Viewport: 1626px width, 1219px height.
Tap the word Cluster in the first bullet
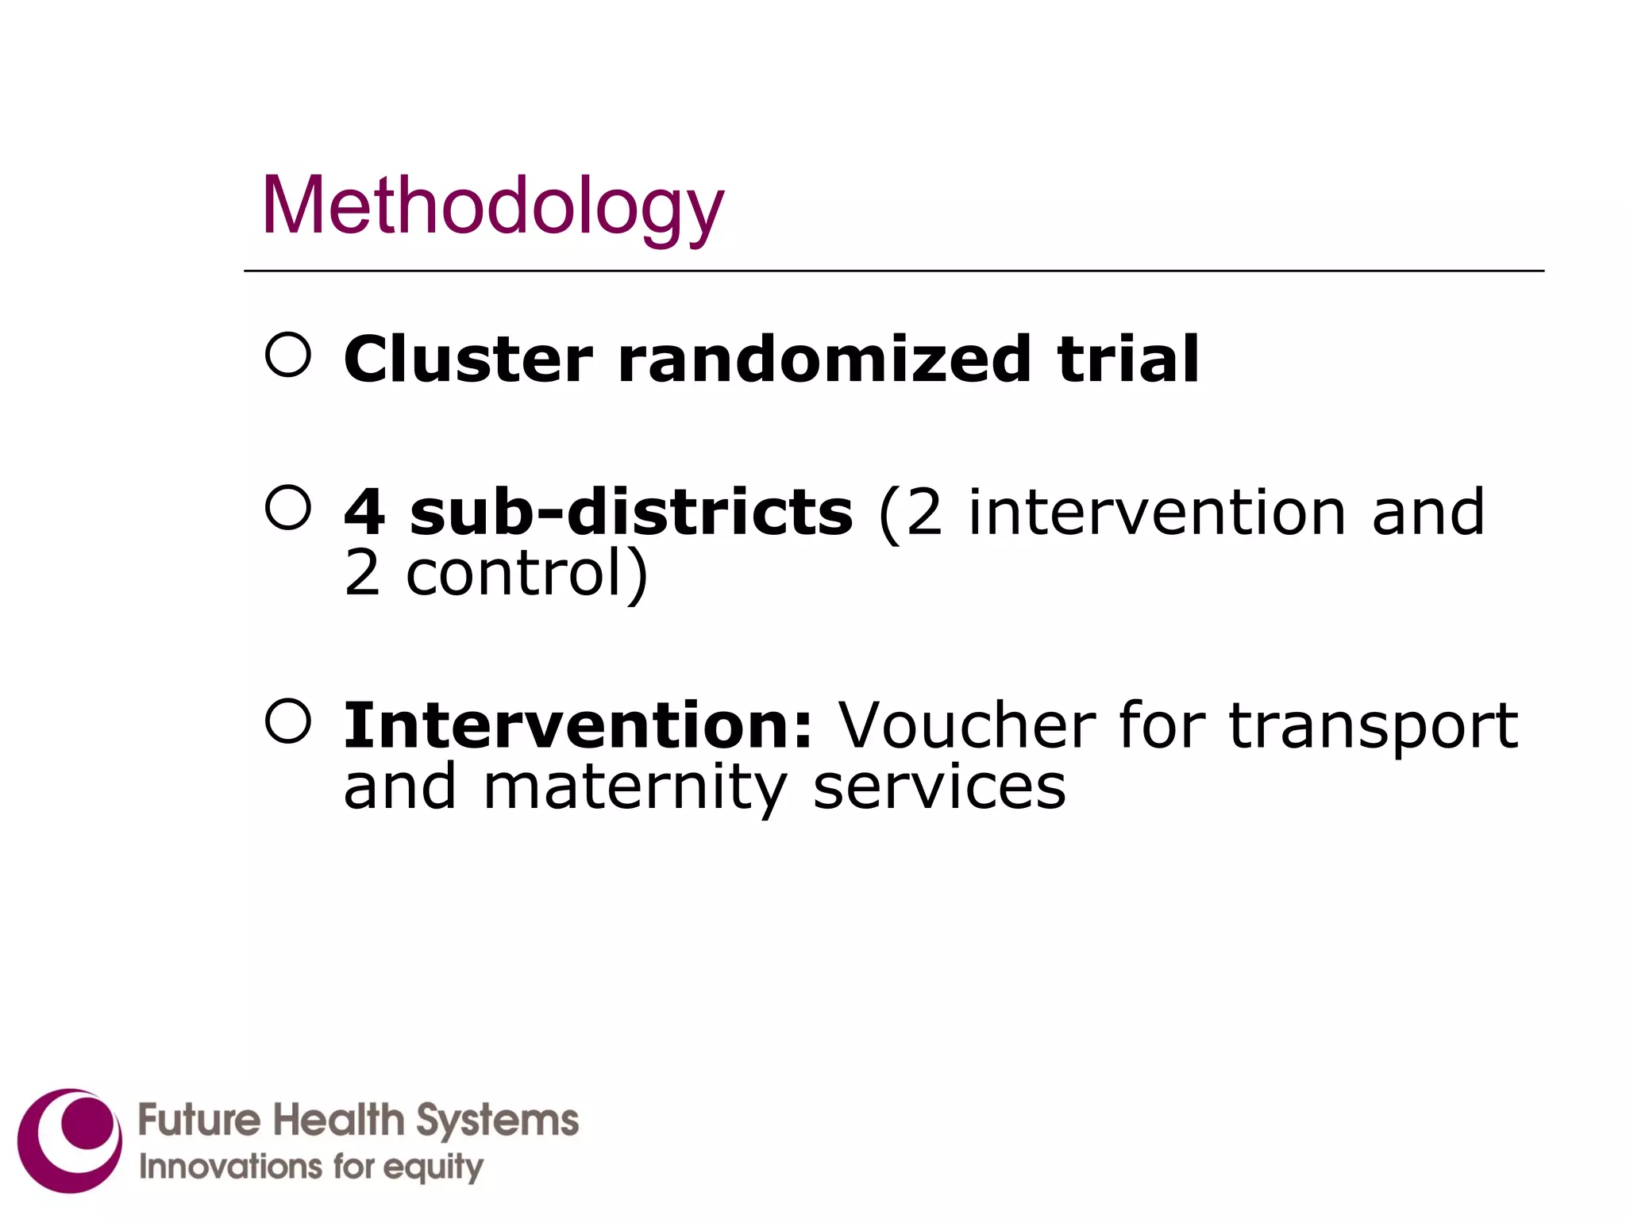468,359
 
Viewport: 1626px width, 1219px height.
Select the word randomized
824,359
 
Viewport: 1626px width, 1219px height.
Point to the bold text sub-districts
631,512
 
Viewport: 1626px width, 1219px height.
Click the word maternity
635,787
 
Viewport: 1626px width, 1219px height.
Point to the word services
939,787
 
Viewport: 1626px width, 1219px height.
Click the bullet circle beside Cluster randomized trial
287,354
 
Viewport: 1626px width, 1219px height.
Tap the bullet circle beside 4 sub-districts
287,507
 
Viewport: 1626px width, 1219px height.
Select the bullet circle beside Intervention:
287,721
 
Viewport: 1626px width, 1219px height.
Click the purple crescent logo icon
70,1140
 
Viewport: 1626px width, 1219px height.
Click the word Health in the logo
339,1120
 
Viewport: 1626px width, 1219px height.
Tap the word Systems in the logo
498,1121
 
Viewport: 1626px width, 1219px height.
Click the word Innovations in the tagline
230,1167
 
